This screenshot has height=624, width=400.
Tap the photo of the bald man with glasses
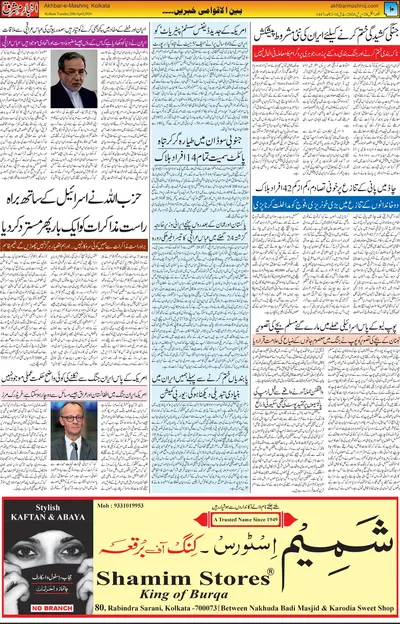point(73,430)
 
